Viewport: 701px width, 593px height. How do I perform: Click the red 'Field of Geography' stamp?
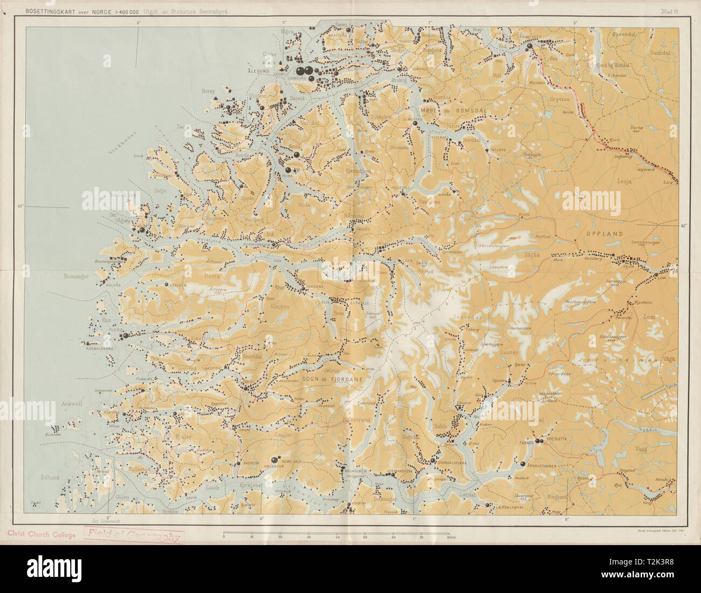[134, 535]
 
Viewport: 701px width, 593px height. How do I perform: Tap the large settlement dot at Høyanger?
[275, 459]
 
